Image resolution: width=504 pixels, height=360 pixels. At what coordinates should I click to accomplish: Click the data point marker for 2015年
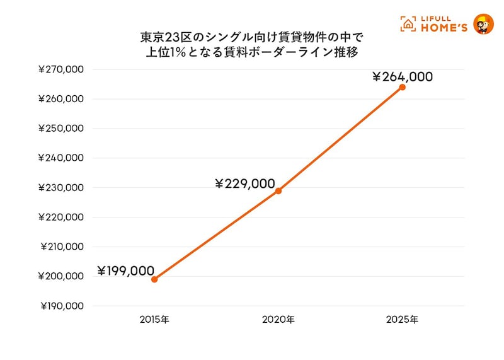[x=154, y=279]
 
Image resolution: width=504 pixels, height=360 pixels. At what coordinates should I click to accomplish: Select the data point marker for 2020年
[x=278, y=190]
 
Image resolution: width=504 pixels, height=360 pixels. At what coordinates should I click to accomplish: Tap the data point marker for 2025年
[x=403, y=87]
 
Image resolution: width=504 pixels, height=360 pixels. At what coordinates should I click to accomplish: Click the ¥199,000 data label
[x=125, y=271]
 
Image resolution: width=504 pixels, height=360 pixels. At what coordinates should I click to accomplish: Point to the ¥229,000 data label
[x=245, y=184]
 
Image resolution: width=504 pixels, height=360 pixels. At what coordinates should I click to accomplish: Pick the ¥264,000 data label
[x=402, y=77]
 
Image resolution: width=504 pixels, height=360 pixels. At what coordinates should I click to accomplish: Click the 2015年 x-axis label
[x=154, y=320]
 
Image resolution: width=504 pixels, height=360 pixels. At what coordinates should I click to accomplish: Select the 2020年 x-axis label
[x=278, y=320]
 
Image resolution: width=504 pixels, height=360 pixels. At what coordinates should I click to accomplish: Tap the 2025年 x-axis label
[x=403, y=320]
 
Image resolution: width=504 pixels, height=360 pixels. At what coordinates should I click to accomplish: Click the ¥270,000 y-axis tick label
[x=61, y=69]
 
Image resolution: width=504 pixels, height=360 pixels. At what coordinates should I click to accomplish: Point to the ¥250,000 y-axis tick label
[x=61, y=129]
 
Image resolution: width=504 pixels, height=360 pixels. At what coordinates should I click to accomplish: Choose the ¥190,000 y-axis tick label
[x=61, y=306]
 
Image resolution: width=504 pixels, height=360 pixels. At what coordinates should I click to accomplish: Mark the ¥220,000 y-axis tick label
[x=61, y=217]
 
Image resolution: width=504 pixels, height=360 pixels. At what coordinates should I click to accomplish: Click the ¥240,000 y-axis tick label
[x=61, y=158]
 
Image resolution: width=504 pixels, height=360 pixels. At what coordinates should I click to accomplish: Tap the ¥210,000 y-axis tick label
[x=61, y=247]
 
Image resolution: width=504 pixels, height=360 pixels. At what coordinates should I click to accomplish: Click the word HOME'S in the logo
[x=444, y=27]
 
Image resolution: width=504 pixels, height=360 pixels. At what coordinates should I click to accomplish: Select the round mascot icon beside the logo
[x=483, y=23]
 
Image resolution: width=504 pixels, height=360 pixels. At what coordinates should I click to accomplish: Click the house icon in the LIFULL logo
[x=409, y=24]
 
